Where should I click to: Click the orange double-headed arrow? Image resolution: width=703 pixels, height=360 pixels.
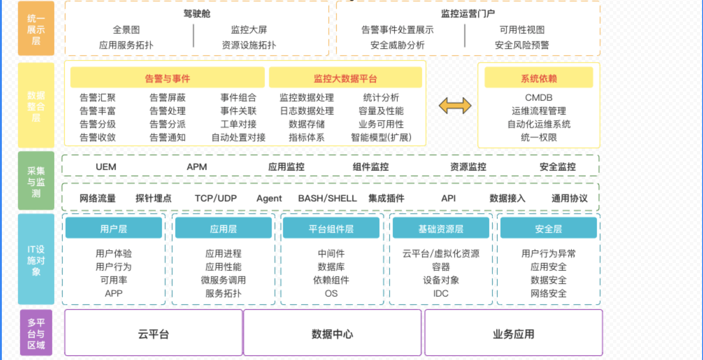[x=455, y=106]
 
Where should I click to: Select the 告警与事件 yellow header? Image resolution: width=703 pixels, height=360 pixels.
[x=167, y=78]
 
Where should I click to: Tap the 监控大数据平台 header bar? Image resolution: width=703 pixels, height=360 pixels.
[x=345, y=78]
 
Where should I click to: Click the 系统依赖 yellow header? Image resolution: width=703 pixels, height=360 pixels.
[x=538, y=78]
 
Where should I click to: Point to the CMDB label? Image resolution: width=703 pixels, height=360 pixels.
[x=538, y=98]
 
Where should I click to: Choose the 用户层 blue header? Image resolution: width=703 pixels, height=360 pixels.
[x=113, y=228]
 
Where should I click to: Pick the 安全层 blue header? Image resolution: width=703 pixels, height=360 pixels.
[x=548, y=228]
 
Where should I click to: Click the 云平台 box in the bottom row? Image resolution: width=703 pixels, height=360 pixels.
[x=153, y=334]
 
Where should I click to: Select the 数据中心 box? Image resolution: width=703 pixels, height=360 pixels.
[x=332, y=334]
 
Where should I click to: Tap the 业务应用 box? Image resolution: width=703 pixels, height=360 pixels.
[x=513, y=334]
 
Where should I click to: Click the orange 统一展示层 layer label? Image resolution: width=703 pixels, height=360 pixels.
[x=36, y=29]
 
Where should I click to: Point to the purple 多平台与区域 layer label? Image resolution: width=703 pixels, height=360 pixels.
[x=36, y=333]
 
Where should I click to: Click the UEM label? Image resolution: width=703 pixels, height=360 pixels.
[x=106, y=167]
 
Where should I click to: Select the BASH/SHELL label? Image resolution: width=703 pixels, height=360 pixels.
[x=327, y=198]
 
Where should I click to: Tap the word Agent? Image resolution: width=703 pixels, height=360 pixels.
[x=269, y=198]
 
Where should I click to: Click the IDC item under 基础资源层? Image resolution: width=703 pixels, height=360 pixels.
[x=441, y=294]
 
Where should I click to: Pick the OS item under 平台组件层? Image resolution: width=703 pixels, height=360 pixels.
[x=331, y=294]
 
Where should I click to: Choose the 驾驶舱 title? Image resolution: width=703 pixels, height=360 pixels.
[x=197, y=14]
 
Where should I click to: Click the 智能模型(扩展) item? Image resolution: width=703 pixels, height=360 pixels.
[x=381, y=138]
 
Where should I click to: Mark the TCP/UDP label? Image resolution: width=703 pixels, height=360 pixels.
[x=215, y=198]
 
